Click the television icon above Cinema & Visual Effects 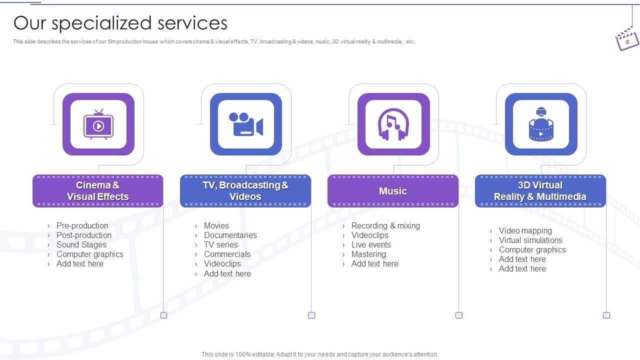coord(98,124)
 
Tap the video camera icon coord(245,124)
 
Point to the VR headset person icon coord(541,124)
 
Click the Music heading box coord(393,191)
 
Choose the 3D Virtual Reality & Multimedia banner coord(540,191)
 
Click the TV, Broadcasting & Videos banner coord(245,191)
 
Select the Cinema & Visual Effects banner coord(97,191)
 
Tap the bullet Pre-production coord(82,225)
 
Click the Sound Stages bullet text coord(81,245)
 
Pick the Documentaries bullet coord(230,235)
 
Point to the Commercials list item coord(227,254)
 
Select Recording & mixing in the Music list coord(385,225)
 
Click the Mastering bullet coord(368,254)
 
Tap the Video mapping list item coord(525,230)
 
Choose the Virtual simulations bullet coord(530,240)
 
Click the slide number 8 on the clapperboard coord(627,42)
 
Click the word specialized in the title coord(101,23)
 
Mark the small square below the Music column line coord(459,315)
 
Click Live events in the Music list coord(371,245)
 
